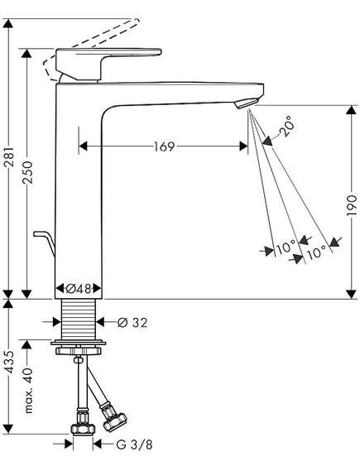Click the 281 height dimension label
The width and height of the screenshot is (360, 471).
tap(10, 156)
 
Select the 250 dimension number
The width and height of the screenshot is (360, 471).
tap(27, 172)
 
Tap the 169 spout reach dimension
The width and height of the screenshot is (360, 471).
tap(164, 147)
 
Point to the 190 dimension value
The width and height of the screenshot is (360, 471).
tap(351, 205)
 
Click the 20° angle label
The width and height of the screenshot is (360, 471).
tap(286, 126)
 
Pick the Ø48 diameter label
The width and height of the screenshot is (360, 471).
tap(79, 289)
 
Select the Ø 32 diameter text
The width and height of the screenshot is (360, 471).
tap(132, 323)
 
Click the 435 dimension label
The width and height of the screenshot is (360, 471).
tap(10, 362)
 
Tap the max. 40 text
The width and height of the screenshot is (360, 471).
tap(28, 390)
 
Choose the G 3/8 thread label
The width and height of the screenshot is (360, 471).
tap(134, 445)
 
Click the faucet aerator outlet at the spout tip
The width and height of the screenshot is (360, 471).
tap(247, 103)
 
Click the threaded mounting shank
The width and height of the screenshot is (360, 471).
tap(79, 320)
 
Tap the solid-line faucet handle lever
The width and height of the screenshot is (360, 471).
tap(108, 64)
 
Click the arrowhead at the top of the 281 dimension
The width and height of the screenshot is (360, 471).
tap(8, 23)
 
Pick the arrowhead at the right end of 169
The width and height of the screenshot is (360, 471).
tap(243, 147)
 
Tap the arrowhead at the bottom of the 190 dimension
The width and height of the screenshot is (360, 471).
tap(351, 294)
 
